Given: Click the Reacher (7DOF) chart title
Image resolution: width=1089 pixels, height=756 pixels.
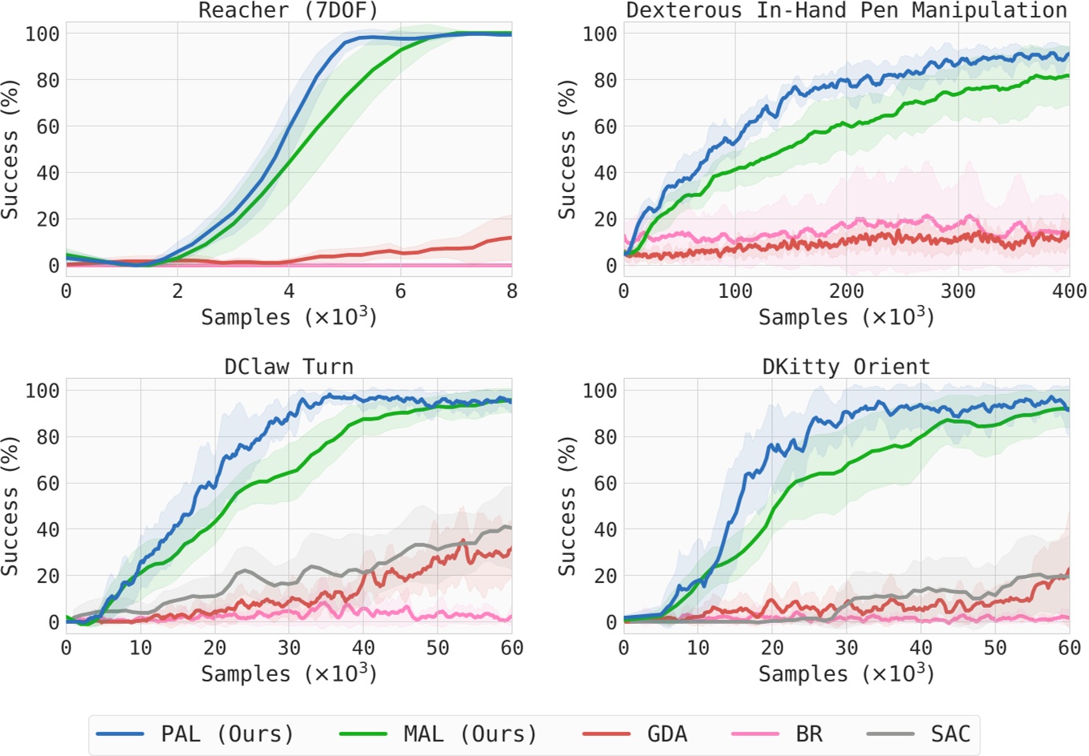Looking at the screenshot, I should pyautogui.click(x=288, y=10).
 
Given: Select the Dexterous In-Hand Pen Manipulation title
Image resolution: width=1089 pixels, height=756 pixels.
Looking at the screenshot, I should pyautogui.click(x=846, y=10).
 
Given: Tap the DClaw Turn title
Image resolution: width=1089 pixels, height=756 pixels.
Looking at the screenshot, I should pyautogui.click(x=288, y=367).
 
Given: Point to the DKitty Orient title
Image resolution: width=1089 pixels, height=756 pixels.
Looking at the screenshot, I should pyautogui.click(x=846, y=367).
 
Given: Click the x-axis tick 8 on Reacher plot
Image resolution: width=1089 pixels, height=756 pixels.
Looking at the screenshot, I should pyautogui.click(x=511, y=291).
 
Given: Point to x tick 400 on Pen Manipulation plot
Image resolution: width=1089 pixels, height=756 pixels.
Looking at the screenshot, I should pyautogui.click(x=1069, y=291).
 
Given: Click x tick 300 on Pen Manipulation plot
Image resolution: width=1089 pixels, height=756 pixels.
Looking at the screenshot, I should pyautogui.click(x=958, y=291).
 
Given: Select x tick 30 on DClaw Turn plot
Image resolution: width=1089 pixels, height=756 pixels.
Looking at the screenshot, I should pyautogui.click(x=289, y=647).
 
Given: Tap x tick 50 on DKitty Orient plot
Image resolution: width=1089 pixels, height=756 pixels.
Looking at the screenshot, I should pyautogui.click(x=995, y=647).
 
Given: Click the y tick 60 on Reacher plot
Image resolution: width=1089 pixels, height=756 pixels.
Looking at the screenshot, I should pyautogui.click(x=48, y=127).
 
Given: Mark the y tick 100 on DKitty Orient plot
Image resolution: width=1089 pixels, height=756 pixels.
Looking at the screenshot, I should pyautogui.click(x=600, y=391).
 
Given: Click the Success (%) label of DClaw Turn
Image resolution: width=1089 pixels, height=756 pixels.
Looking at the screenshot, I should pyautogui.click(x=10, y=506).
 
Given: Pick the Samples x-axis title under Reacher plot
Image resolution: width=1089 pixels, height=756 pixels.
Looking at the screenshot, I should pyautogui.click(x=288, y=317).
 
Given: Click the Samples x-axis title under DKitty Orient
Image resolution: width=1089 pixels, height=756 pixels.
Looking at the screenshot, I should pyautogui.click(x=846, y=674).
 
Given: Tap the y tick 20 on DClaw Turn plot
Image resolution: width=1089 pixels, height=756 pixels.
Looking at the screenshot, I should pyautogui.click(x=48, y=576).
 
